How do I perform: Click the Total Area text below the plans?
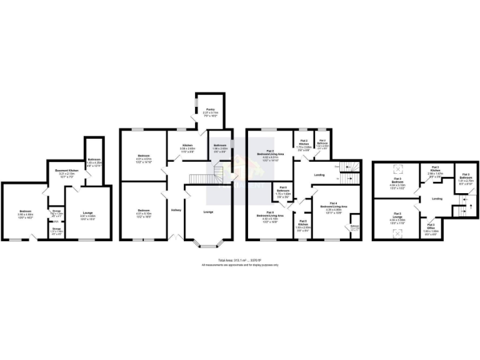tap(240, 260)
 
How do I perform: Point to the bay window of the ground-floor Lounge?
tap(208, 246)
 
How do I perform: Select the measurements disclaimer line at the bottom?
tap(240, 265)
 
